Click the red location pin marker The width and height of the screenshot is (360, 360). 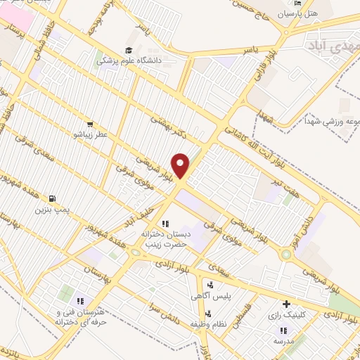pyautogui.click(x=181, y=165)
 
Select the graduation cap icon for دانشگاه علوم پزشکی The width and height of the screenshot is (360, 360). pyautogui.click(x=129, y=50)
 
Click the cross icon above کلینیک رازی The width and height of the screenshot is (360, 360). pyautogui.click(x=286, y=304)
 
